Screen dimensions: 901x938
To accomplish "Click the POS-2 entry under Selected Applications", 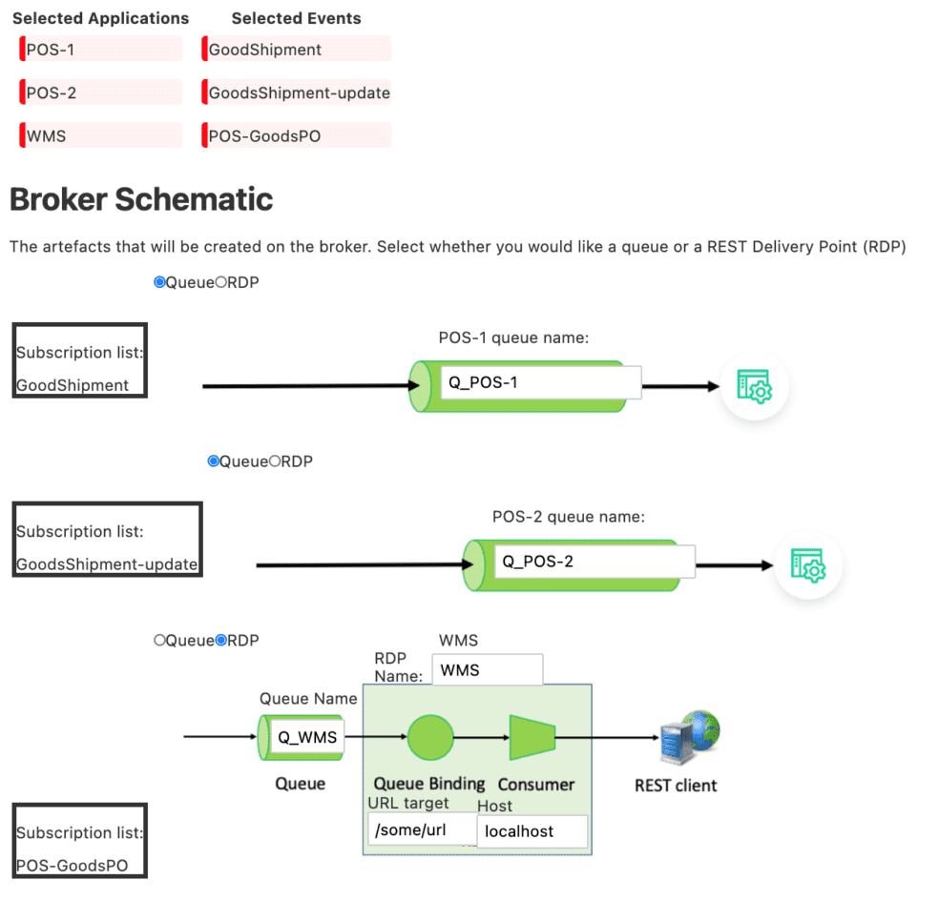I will pyautogui.click(x=100, y=92).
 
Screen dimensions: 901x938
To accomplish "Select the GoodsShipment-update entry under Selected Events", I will pyautogui.click(x=298, y=92).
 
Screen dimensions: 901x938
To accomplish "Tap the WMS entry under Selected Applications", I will pyautogui.click(x=100, y=135).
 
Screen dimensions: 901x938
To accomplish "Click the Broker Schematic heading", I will pyautogui.click(x=141, y=199).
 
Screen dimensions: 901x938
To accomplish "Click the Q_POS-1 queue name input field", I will pyautogui.click(x=540, y=383).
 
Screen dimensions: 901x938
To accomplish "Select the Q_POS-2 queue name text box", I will pyautogui.click(x=594, y=562).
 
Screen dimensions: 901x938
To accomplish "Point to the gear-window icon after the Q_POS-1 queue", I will pyautogui.click(x=755, y=386).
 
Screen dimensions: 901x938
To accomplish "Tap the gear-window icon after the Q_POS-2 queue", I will pyautogui.click(x=808, y=565).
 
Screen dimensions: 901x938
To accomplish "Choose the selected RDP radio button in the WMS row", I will pyautogui.click(x=221, y=641).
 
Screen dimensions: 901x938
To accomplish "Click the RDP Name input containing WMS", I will pyautogui.click(x=487, y=670).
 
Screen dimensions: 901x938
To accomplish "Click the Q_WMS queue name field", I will pyautogui.click(x=306, y=737).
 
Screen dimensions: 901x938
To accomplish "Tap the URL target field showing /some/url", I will pyautogui.click(x=422, y=829).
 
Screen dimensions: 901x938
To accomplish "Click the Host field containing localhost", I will pyautogui.click(x=532, y=831).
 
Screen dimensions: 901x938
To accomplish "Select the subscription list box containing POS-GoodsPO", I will pyautogui.click(x=80, y=841).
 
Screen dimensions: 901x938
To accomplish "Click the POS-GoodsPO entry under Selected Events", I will pyautogui.click(x=298, y=135).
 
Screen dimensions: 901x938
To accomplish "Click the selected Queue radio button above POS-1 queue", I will pyautogui.click(x=159, y=282).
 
